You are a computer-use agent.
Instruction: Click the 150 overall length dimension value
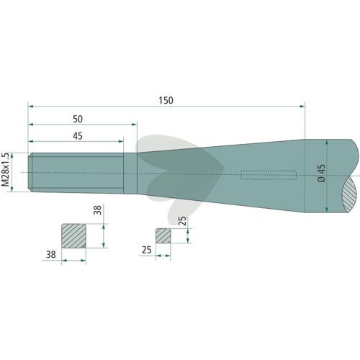166,100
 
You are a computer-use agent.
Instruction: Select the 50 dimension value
78,119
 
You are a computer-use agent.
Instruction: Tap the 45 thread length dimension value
78,136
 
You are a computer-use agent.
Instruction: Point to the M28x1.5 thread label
5,169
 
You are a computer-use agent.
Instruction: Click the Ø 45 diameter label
322,173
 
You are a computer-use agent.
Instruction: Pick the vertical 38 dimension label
98,210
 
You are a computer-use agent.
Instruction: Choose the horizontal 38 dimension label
51,254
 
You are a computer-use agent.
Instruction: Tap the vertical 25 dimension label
182,221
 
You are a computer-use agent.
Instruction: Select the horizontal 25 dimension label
147,250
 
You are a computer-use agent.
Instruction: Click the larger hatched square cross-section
74,235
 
